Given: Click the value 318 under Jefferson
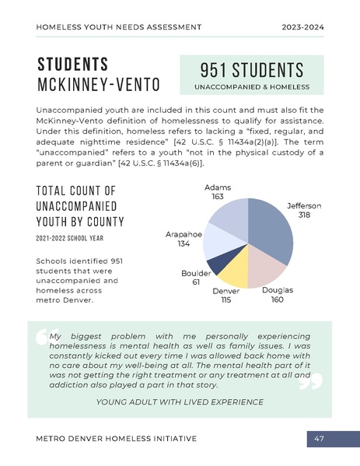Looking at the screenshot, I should pos(304,214).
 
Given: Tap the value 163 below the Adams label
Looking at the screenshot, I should pos(218,197).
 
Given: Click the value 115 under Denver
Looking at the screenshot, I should pos(226,300).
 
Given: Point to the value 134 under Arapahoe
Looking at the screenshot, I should pos(183,244).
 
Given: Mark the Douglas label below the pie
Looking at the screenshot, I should pos(278,290).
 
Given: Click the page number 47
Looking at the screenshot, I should pos(319,439).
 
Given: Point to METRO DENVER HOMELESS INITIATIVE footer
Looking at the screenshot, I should pos(116,439).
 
